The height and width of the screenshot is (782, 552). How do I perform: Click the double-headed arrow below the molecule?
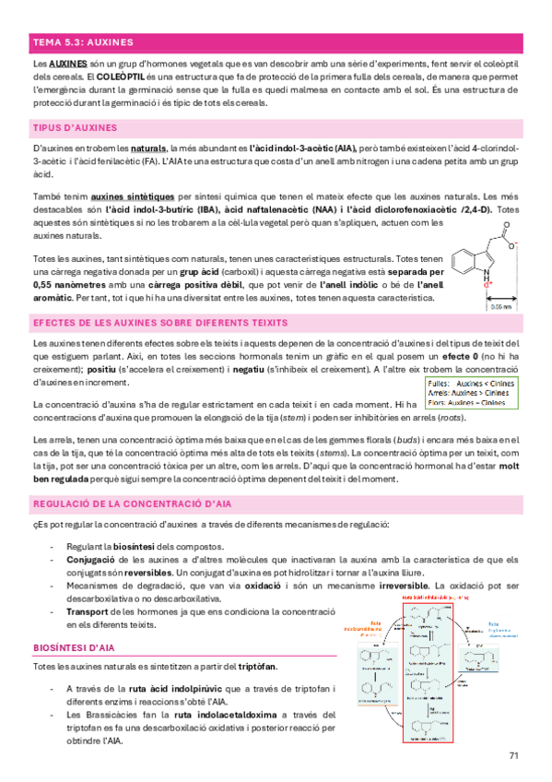[x=501, y=297]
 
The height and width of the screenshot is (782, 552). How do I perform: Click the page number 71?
[x=513, y=756]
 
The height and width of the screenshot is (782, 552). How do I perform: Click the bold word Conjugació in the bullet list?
[x=90, y=560]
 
